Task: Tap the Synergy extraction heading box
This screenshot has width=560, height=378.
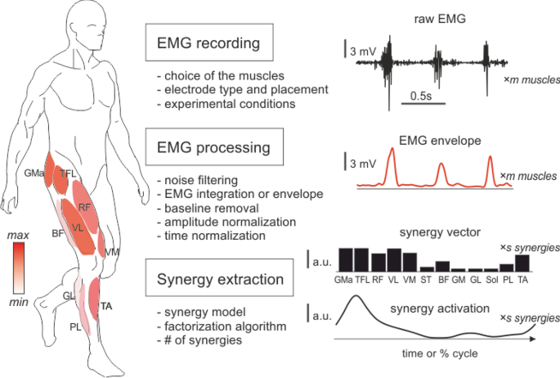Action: click(214, 281)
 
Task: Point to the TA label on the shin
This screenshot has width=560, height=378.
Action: click(105, 306)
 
